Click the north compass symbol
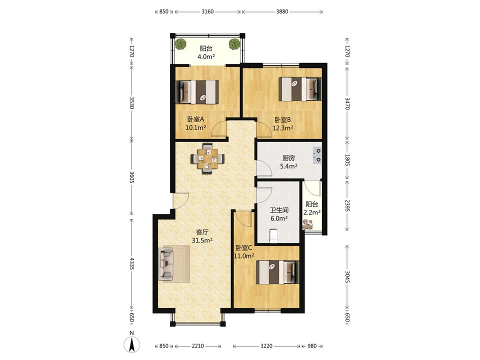pyautogui.click(x=131, y=342)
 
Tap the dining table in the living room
pyautogui.click(x=207, y=158)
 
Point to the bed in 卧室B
pyautogui.click(x=300, y=89)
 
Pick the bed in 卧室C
pyautogui.click(x=277, y=272)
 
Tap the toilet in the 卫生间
pyautogui.click(x=273, y=235)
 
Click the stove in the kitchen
pyautogui.click(x=316, y=155)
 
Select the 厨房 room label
pyautogui.click(x=288, y=158)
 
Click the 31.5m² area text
pyautogui.click(x=202, y=240)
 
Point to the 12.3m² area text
pyautogui.click(x=283, y=128)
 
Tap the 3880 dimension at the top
pyautogui.click(x=282, y=11)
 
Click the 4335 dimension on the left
pyautogui.click(x=131, y=263)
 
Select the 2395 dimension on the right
pyautogui.click(x=347, y=205)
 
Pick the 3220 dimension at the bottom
pyautogui.click(x=266, y=346)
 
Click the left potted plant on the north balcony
pyautogui.click(x=180, y=44)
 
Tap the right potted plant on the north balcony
pyautogui.click(x=234, y=44)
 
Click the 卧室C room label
pyautogui.click(x=243, y=248)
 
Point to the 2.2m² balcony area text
pyautogui.click(x=312, y=212)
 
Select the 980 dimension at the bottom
pyautogui.click(x=312, y=346)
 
